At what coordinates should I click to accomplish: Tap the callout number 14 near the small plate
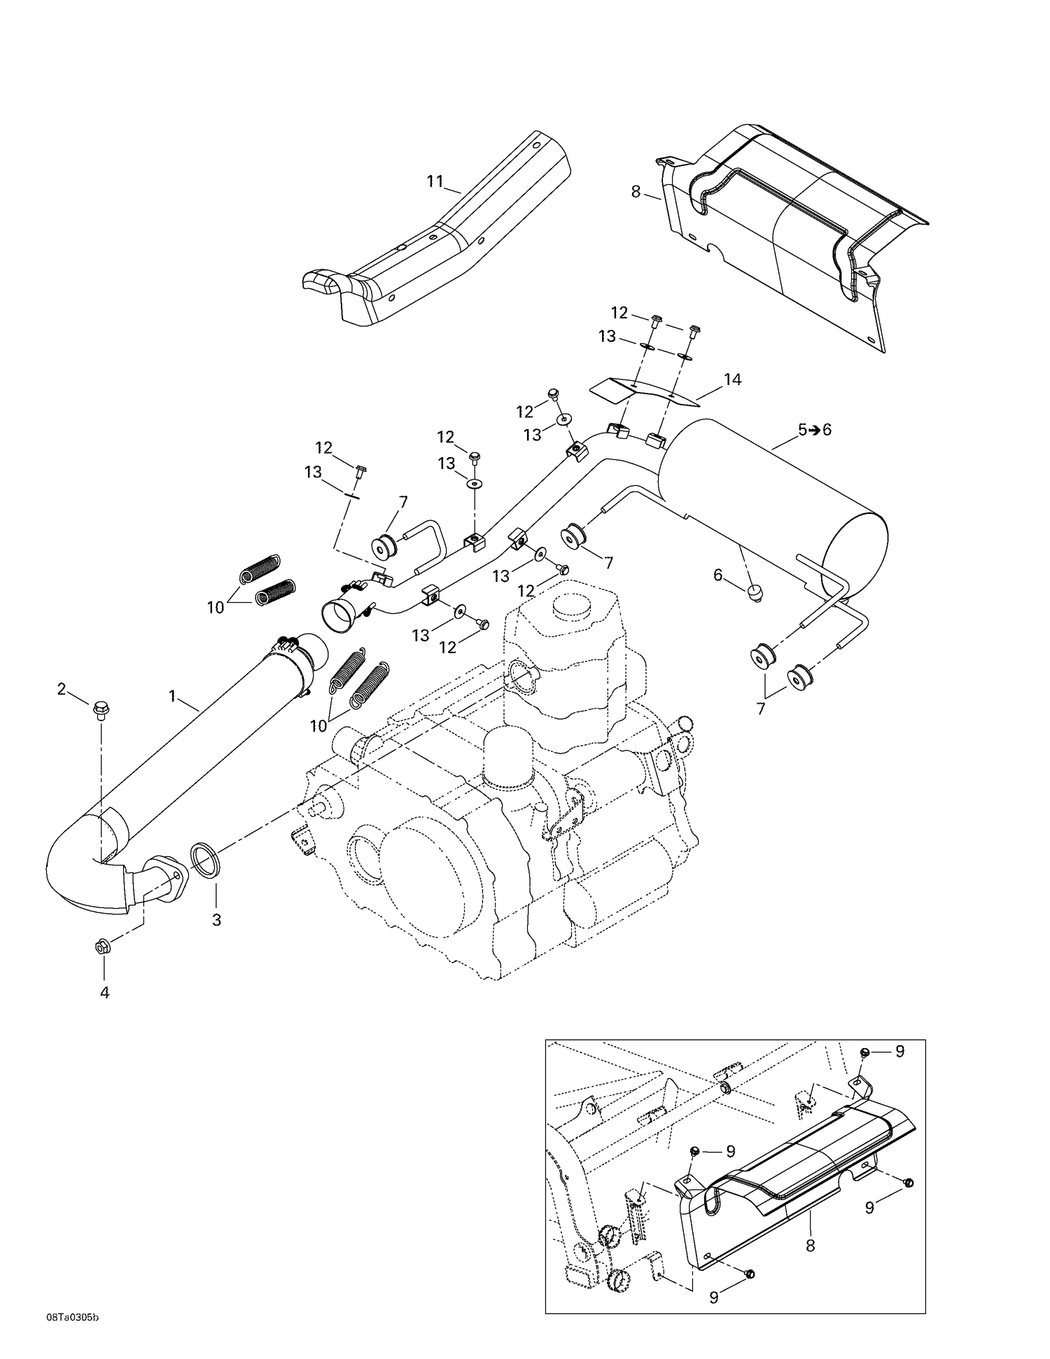tap(732, 379)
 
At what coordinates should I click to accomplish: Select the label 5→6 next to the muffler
tap(814, 430)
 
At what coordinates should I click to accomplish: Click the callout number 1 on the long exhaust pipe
tap(171, 696)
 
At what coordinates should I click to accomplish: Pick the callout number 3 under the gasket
tap(216, 920)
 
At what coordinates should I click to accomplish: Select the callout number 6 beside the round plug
tap(717, 575)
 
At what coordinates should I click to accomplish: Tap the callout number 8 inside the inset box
tap(811, 1246)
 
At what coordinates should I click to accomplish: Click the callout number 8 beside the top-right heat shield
tap(636, 190)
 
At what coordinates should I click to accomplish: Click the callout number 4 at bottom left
tap(104, 992)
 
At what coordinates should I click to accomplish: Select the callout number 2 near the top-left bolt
tap(62, 689)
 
